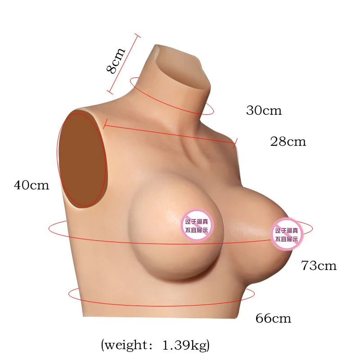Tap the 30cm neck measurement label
[264, 110]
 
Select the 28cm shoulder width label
[288, 142]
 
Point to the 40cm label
[31, 185]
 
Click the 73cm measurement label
[319, 265]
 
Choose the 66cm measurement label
[273, 319]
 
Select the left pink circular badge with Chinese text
[198, 225]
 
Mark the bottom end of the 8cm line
[110, 93]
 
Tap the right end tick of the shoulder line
[235, 144]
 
